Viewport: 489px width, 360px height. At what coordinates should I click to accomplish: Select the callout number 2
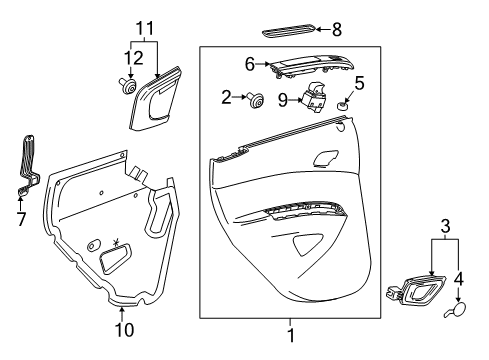pyautogui.click(x=226, y=97)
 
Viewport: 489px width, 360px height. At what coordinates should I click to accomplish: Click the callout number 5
pyautogui.click(x=359, y=83)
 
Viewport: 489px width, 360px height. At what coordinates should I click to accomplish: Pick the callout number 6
pyautogui.click(x=251, y=62)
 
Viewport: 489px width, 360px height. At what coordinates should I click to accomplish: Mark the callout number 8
pyautogui.click(x=336, y=30)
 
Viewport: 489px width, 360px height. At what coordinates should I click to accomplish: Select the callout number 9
pyautogui.click(x=281, y=98)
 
